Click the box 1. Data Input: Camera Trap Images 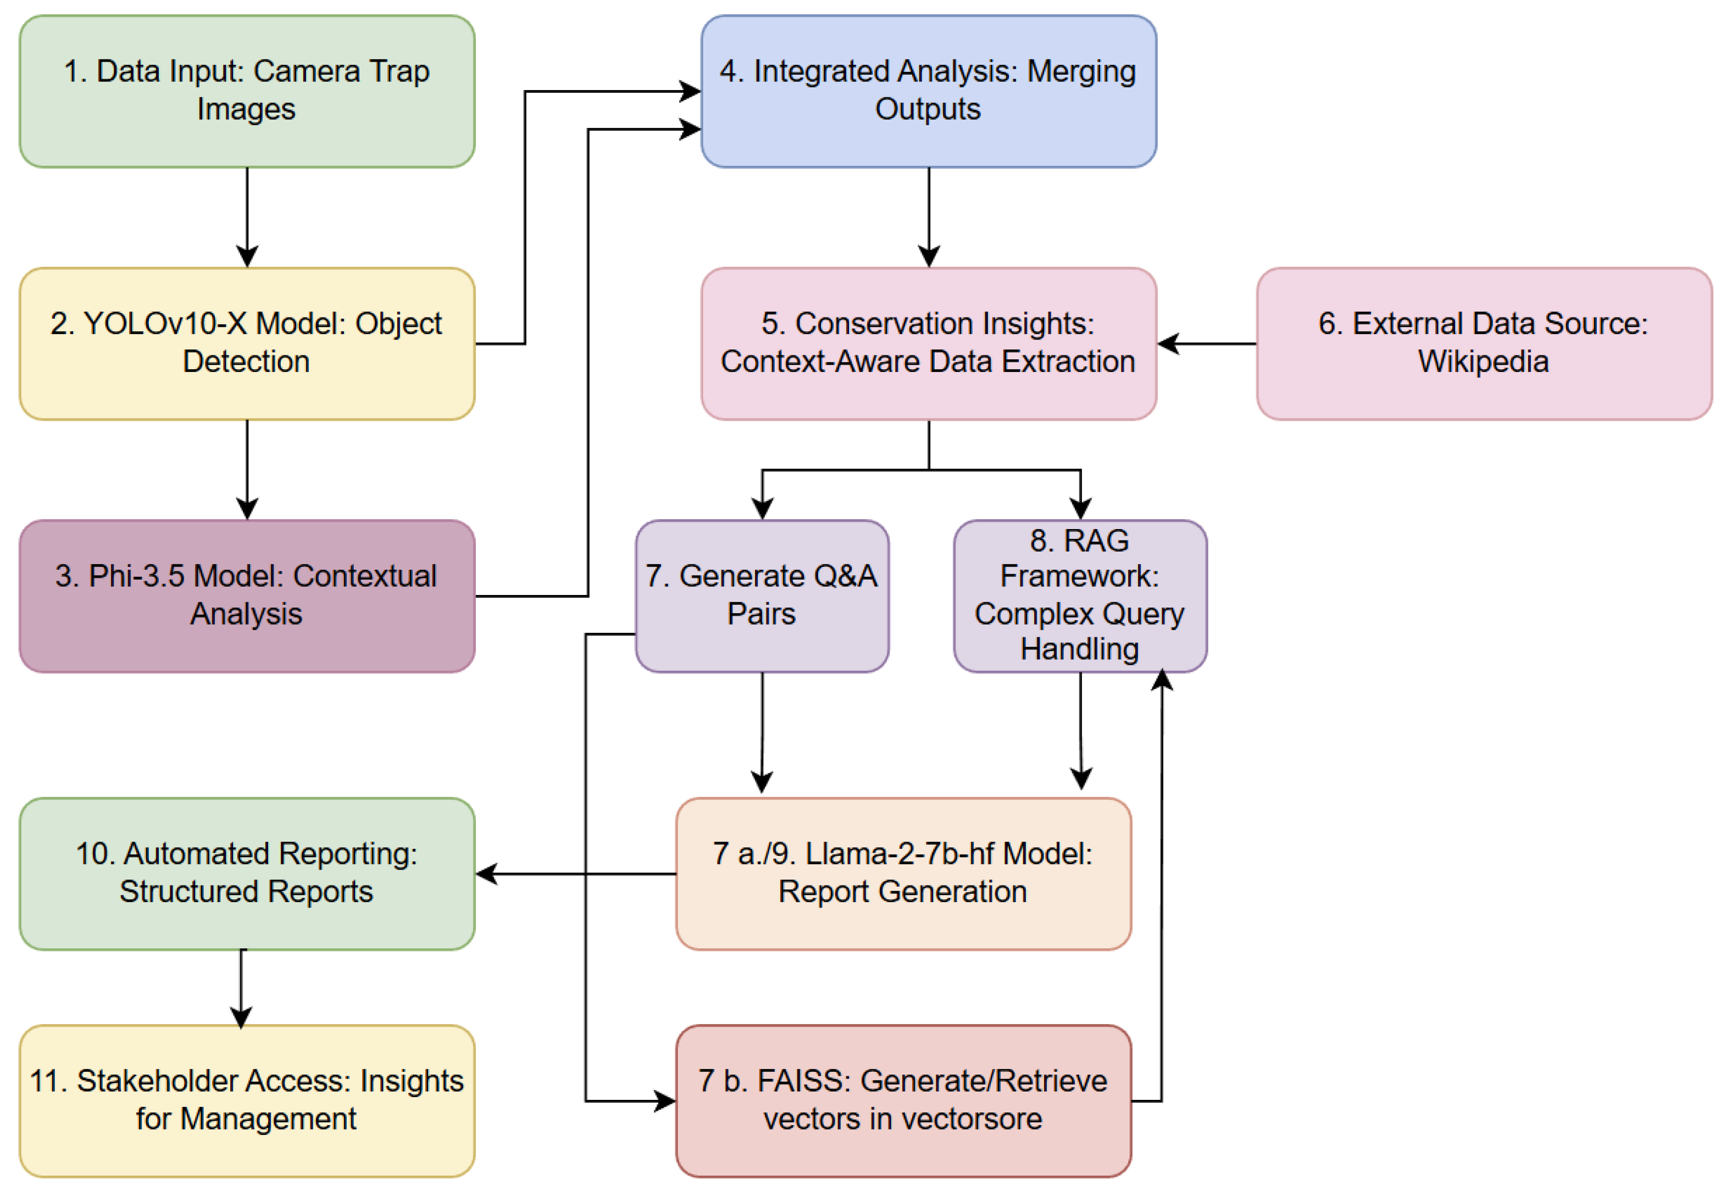247,91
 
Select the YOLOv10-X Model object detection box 247,343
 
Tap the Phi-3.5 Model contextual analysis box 247,596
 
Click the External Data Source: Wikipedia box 1483,343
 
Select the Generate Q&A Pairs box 762,596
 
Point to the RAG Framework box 1079,596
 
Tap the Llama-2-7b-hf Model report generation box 902,873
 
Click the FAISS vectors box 902,1100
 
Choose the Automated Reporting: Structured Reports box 247,873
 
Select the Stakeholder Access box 247,1100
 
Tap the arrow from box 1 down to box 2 247,218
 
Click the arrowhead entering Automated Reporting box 487,873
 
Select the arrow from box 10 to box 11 241,989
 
